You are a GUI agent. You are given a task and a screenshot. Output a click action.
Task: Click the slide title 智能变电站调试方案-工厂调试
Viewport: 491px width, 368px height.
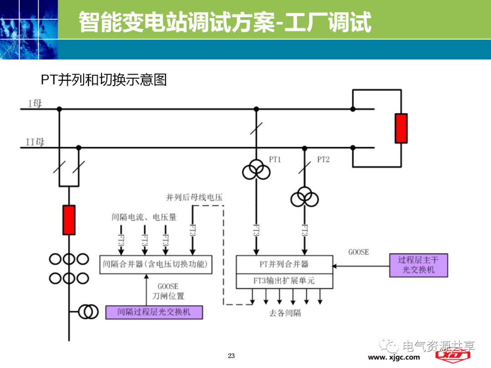(225, 22)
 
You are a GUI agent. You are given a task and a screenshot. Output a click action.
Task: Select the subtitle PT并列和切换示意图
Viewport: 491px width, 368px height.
(104, 80)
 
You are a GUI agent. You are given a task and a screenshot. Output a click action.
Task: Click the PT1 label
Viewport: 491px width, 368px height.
(275, 159)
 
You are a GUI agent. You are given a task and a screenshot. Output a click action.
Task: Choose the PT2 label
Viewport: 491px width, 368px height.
(323, 159)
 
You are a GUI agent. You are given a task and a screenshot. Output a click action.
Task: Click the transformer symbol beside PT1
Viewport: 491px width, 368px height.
(256, 171)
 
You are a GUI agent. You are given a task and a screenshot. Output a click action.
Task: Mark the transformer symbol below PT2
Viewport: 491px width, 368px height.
(305, 198)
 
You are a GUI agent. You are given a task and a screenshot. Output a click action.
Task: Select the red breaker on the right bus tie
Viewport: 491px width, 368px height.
(401, 129)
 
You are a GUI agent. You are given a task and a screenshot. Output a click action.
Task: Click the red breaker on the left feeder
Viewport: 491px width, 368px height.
(69, 219)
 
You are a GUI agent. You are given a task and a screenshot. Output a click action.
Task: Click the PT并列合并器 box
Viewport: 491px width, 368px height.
(284, 264)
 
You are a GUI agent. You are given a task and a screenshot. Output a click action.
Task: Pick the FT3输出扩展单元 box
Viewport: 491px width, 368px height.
(284, 281)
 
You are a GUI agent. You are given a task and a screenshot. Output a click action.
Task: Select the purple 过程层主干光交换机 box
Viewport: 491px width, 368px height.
(419, 265)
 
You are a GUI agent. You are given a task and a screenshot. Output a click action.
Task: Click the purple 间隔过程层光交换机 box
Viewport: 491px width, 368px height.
(154, 312)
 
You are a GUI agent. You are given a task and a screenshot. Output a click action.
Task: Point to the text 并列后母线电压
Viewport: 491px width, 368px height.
(194, 198)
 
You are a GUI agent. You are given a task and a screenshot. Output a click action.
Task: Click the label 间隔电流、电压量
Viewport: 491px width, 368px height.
(144, 217)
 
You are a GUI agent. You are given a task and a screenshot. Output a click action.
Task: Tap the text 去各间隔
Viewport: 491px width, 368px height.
(285, 313)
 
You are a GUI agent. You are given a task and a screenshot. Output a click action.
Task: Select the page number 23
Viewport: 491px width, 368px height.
(231, 356)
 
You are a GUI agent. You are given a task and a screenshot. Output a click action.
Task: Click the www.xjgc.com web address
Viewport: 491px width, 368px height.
(394, 358)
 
